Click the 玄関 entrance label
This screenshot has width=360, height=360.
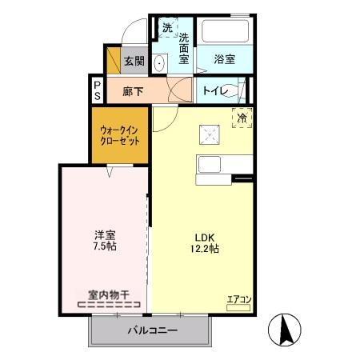coord(134,62)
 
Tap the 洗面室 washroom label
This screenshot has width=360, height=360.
coord(183,49)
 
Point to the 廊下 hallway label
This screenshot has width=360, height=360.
coord(133,91)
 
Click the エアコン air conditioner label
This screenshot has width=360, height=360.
coord(239,300)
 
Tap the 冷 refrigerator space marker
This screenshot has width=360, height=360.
coord(242,118)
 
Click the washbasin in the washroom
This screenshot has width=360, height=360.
coord(160,63)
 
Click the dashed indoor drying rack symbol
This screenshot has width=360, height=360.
coord(110,304)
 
